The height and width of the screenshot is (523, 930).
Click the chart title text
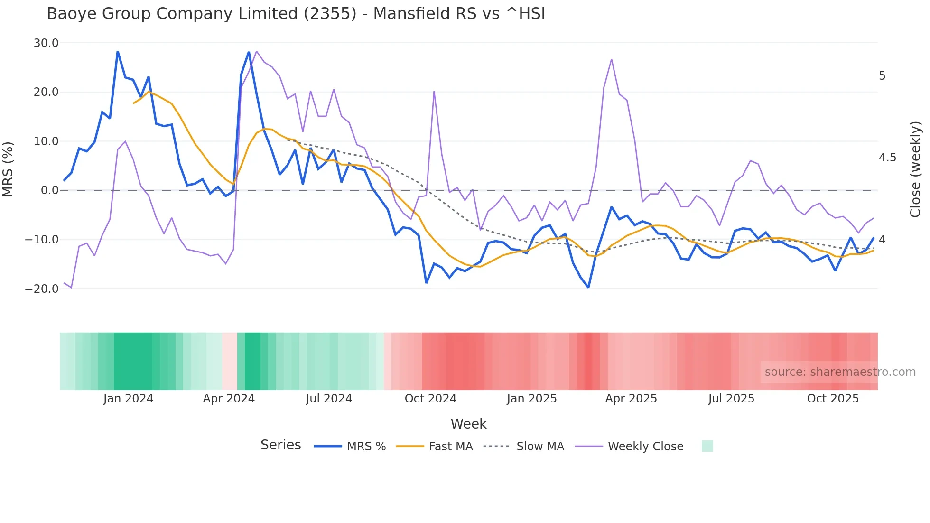pyautogui.click(x=296, y=14)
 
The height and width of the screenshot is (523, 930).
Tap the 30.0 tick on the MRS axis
pyautogui.click(x=46, y=43)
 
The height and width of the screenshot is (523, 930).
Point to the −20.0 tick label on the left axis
pyautogui.click(x=42, y=289)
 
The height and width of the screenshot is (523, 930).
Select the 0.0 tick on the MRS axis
pyautogui.click(x=50, y=190)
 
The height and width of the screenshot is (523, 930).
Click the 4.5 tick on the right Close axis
pyautogui.click(x=887, y=158)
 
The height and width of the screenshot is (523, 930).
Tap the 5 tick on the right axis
pyautogui.click(x=882, y=76)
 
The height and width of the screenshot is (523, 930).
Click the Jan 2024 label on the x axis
pyautogui.click(x=128, y=399)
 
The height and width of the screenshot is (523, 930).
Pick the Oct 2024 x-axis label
pyautogui.click(x=430, y=399)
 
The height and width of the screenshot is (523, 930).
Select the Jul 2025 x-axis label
pyautogui.click(x=731, y=399)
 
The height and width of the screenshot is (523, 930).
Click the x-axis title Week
pyautogui.click(x=468, y=424)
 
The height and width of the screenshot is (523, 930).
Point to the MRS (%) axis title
pyautogui.click(x=8, y=169)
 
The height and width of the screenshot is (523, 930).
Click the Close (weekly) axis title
pyautogui.click(x=915, y=169)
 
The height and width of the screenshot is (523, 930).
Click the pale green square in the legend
pyautogui.click(x=707, y=446)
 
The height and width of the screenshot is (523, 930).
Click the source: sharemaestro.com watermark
pyautogui.click(x=840, y=372)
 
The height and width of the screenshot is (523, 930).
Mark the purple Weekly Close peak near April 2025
pyautogui.click(x=612, y=59)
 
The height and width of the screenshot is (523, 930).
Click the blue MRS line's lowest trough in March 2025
pyautogui.click(x=588, y=288)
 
